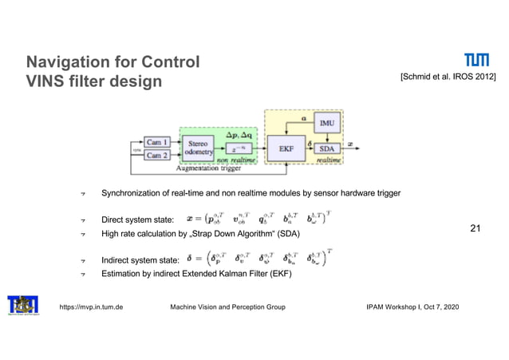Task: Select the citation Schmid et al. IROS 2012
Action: [448, 76]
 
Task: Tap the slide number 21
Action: [476, 229]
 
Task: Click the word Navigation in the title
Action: [67, 62]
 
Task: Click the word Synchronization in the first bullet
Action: [132, 193]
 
